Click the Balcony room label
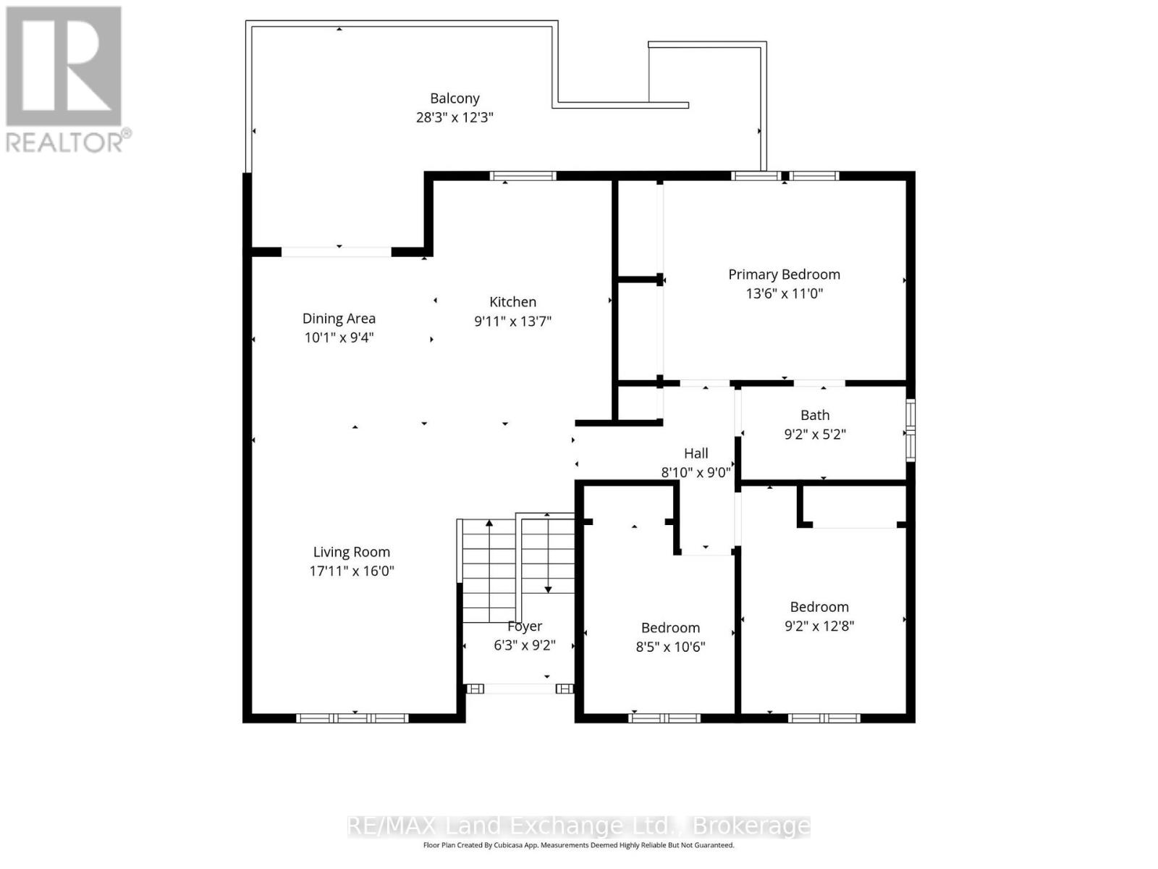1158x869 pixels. click(x=455, y=98)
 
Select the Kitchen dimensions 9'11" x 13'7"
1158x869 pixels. click(x=512, y=322)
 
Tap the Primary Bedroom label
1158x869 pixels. click(x=784, y=274)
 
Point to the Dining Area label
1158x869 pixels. click(x=339, y=319)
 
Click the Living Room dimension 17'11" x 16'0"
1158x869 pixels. click(x=352, y=571)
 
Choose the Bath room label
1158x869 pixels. click(x=815, y=416)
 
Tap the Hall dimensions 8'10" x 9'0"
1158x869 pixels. click(x=696, y=473)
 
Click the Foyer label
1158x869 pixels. click(x=525, y=626)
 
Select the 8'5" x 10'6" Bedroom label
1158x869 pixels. click(x=670, y=628)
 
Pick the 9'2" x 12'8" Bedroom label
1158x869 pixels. click(x=819, y=607)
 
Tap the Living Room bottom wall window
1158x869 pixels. click(x=352, y=718)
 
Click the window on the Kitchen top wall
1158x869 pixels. click(x=523, y=176)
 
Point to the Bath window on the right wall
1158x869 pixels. click(x=911, y=430)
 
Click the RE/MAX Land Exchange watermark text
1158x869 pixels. click(x=578, y=826)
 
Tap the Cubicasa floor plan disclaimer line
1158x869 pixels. click(x=578, y=845)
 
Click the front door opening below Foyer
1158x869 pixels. click(x=520, y=689)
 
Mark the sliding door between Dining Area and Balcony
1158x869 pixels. click(x=336, y=252)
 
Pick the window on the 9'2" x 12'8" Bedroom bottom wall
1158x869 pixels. click(x=824, y=718)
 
